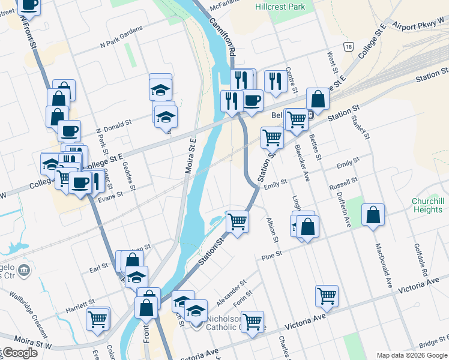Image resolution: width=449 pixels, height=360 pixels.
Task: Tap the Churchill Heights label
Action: coord(427,205)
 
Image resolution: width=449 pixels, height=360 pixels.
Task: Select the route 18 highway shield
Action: coord(348,46)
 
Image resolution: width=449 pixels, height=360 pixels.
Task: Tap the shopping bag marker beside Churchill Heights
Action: coord(373,215)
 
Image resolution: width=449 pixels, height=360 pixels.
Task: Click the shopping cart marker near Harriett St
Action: coord(97,318)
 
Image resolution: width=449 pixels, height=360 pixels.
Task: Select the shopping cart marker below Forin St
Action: coord(252,321)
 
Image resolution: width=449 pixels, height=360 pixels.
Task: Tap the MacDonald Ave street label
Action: coord(384,264)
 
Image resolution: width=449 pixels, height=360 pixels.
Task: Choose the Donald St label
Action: coord(117,124)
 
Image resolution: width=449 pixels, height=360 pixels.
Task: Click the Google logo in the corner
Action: coord(19,353)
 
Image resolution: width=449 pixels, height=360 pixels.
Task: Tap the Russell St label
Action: coord(343,184)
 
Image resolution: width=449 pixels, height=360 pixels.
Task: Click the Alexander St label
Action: coord(231,291)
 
